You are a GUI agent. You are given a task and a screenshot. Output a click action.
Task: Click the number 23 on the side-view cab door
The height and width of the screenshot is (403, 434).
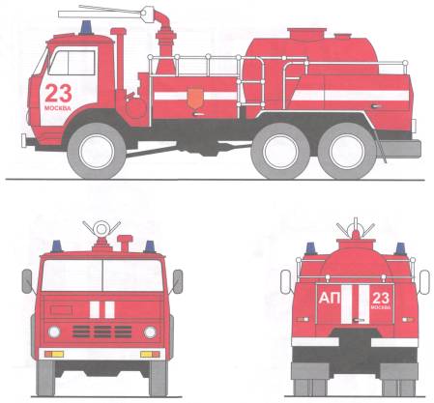(58, 93)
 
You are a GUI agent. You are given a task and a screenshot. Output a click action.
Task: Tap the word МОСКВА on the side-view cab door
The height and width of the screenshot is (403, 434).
(58, 108)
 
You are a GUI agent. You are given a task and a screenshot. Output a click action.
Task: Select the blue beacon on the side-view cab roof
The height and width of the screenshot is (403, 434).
(86, 28)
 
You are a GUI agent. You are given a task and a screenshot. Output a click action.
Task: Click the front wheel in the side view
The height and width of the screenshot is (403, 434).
(97, 151)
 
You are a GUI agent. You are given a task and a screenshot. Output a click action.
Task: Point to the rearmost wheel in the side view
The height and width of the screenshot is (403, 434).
(347, 151)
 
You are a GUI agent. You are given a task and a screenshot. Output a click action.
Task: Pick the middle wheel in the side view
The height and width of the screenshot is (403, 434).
(280, 151)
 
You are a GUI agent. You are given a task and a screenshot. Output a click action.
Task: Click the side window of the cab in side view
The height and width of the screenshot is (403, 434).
(72, 63)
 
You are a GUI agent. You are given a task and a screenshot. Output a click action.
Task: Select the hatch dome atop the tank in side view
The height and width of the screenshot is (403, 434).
(306, 35)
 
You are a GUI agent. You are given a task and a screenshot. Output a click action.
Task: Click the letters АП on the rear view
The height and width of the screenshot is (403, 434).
(330, 299)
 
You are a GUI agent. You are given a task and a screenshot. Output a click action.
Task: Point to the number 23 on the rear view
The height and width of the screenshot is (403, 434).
(381, 298)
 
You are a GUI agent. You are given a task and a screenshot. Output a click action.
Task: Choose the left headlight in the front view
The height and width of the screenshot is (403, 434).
(54, 331)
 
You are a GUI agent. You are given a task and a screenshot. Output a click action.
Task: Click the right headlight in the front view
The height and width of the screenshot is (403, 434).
(150, 331)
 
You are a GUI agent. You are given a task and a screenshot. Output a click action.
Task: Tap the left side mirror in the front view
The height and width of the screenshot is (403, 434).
(27, 281)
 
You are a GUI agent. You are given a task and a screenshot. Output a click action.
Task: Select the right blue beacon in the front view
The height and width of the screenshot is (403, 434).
(149, 246)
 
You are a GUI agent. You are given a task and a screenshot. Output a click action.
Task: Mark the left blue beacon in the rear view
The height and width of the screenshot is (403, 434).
(310, 248)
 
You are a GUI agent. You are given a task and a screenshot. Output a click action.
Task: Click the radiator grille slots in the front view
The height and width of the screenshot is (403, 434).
(102, 331)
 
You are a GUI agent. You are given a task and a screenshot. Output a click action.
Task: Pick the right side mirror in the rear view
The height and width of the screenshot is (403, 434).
(424, 282)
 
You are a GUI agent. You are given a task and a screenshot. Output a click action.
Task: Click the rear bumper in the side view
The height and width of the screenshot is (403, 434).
(400, 149)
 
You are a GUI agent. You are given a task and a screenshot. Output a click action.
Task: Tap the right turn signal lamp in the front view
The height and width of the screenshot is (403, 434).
(150, 355)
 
